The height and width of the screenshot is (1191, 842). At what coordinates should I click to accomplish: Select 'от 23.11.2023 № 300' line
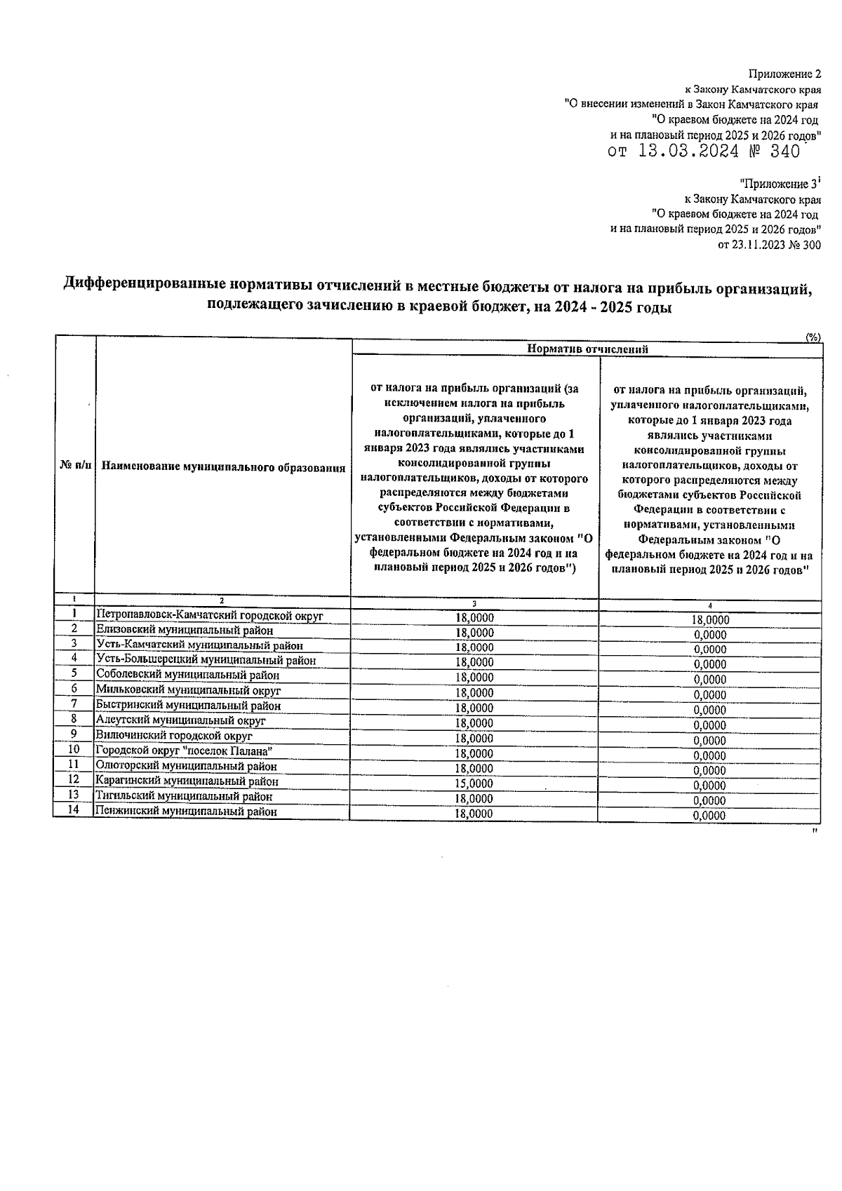[769, 245]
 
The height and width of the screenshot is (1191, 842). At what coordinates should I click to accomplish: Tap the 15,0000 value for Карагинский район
[474, 783]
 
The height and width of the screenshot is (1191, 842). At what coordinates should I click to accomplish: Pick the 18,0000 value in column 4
[709, 620]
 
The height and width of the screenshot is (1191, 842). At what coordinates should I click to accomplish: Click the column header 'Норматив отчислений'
[587, 349]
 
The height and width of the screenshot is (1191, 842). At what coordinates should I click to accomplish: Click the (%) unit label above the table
[813, 337]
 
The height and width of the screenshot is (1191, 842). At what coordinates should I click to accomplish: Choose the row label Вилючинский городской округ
[174, 736]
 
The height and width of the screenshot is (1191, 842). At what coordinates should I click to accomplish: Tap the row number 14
[74, 810]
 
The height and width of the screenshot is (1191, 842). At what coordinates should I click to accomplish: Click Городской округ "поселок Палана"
[183, 751]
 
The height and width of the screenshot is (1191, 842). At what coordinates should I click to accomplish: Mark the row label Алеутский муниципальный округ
[180, 721]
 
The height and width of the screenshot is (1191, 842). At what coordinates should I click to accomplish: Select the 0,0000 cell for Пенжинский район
[709, 816]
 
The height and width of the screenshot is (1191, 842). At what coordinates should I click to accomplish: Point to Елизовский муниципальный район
[184, 631]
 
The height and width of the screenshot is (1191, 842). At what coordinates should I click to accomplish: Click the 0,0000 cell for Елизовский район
[709, 635]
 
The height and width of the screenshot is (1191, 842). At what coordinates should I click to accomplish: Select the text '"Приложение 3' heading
[779, 184]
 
